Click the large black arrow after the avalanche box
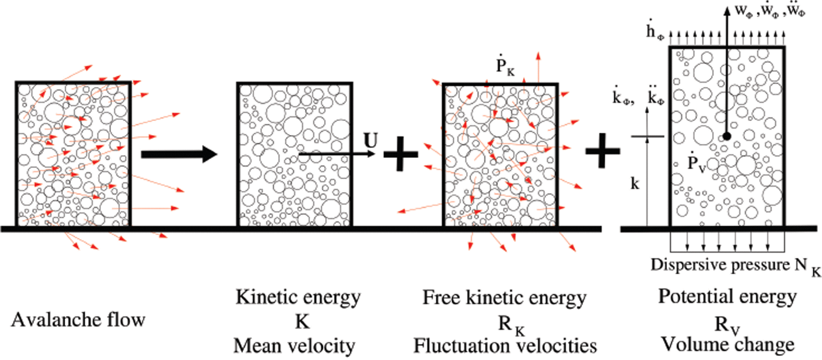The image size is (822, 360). (x=179, y=155)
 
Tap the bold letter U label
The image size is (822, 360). (x=369, y=142)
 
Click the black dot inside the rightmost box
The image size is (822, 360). (x=726, y=136)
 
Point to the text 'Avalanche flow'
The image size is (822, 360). (x=78, y=321)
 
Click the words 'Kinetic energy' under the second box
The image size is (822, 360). (x=298, y=298)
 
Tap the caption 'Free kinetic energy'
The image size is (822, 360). (x=504, y=298)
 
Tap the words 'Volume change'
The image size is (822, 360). (x=728, y=344)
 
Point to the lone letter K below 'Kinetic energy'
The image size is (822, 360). (x=298, y=322)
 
